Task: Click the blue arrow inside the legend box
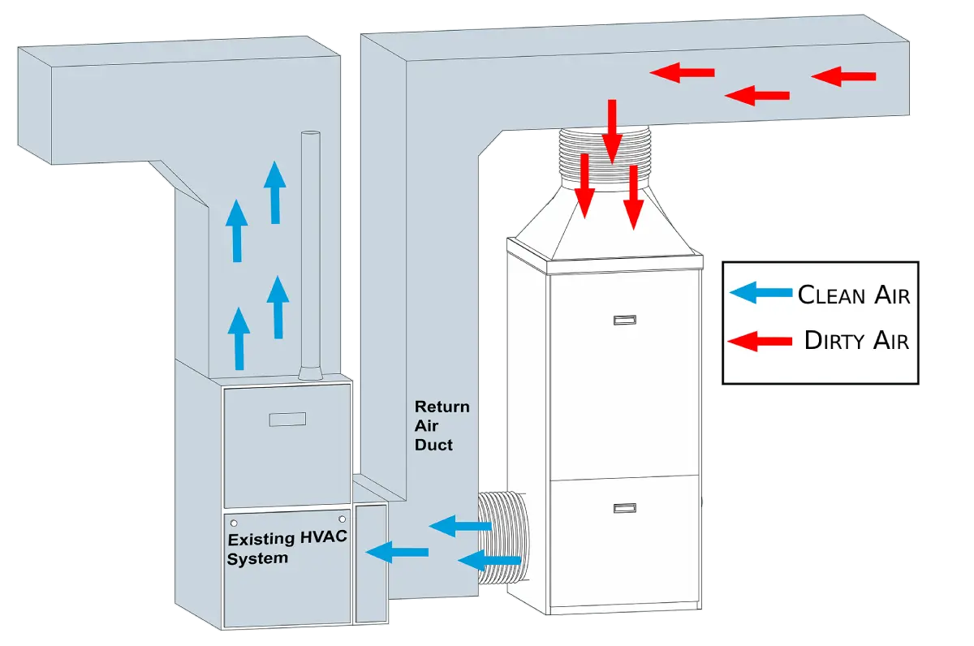pyautogui.click(x=761, y=293)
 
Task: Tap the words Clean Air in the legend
pyautogui.click(x=854, y=295)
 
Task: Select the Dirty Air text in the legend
pyautogui.click(x=856, y=340)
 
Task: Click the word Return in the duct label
pyautogui.click(x=442, y=407)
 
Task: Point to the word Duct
pyautogui.click(x=433, y=445)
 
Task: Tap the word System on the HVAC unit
pyautogui.click(x=257, y=558)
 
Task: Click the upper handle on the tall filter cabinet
pyautogui.click(x=623, y=321)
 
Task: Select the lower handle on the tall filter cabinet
pyautogui.click(x=623, y=508)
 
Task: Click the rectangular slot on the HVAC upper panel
pyautogui.click(x=287, y=420)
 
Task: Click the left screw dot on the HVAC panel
pyautogui.click(x=234, y=523)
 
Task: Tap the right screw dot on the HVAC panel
pyautogui.click(x=343, y=519)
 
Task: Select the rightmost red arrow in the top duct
pyautogui.click(x=843, y=77)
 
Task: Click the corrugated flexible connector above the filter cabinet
pyautogui.click(x=605, y=158)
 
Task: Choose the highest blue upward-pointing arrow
pyautogui.click(x=275, y=192)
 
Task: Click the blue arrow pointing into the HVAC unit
pyautogui.click(x=397, y=553)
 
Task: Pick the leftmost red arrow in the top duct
pyautogui.click(x=682, y=74)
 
